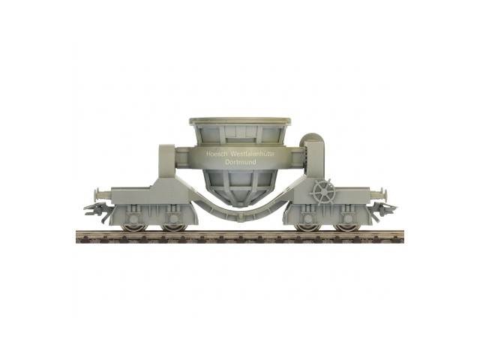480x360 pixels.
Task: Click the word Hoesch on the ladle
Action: (x=217, y=154)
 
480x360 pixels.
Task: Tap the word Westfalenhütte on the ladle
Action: (x=253, y=154)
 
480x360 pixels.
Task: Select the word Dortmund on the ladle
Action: (x=240, y=162)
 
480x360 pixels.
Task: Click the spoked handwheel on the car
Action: (x=324, y=191)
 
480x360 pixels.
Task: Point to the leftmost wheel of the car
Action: (x=133, y=226)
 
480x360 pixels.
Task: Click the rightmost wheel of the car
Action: (x=348, y=226)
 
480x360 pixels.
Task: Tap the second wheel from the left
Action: (x=173, y=226)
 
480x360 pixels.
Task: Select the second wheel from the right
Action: (x=308, y=226)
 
